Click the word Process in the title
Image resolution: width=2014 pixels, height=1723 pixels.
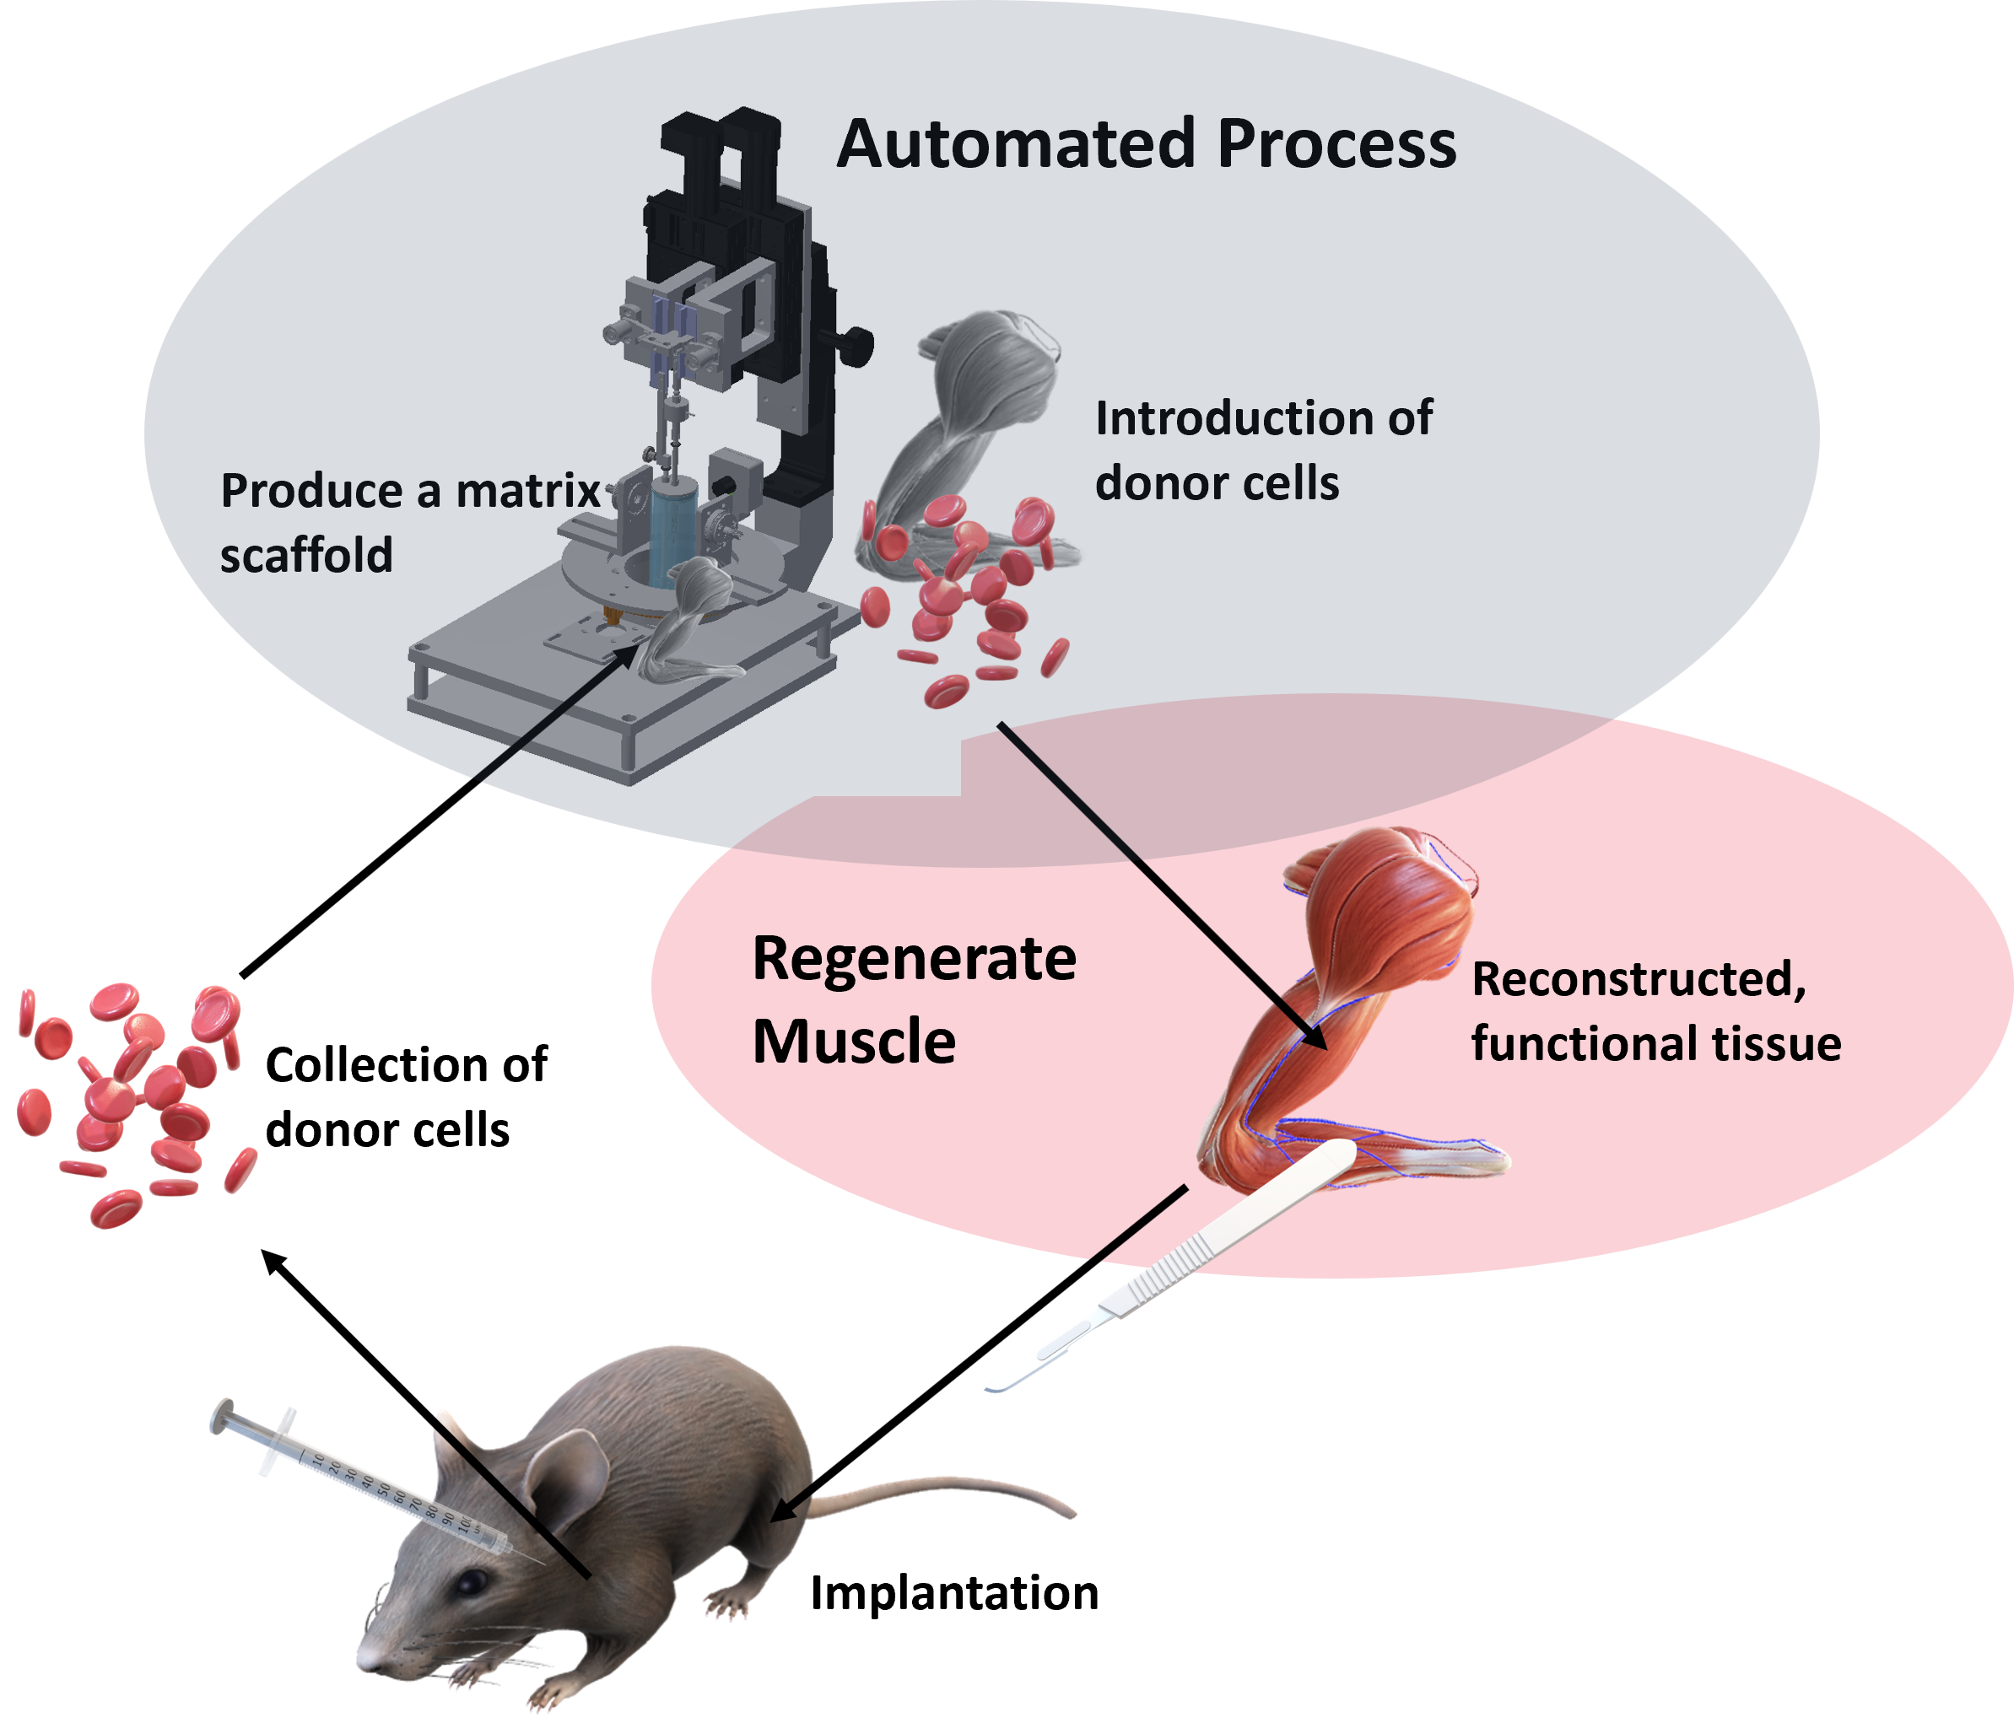click(x=1336, y=145)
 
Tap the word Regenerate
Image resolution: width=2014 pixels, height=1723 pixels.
click(x=914, y=959)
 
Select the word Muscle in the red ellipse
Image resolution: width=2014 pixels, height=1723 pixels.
click(x=853, y=1042)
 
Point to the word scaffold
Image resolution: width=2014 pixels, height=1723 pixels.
click(x=306, y=556)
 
